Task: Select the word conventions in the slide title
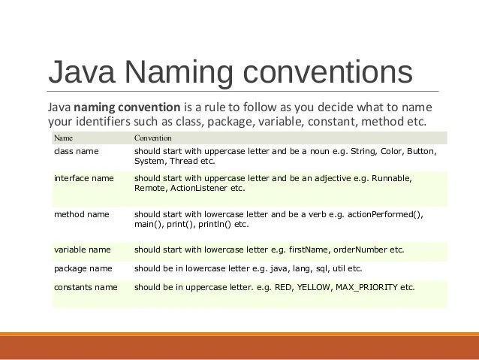pos(329,73)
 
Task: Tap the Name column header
pos(63,138)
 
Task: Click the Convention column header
pos(153,138)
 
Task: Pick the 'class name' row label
pos(76,151)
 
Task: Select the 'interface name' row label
pos(83,178)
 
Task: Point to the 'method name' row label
pos(81,214)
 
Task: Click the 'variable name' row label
pos(82,250)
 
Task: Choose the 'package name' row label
pos(83,268)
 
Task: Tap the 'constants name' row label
pos(86,287)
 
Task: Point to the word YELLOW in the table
pos(314,287)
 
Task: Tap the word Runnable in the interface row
pos(392,178)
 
